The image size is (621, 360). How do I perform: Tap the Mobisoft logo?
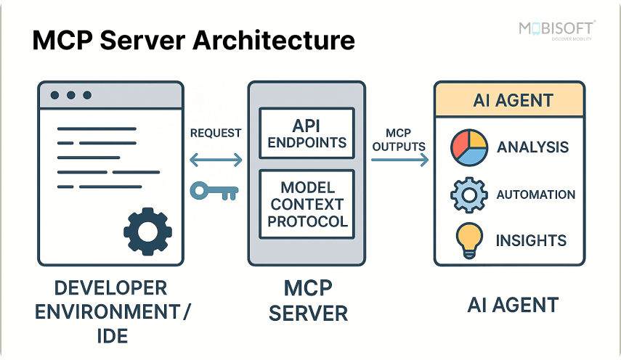point(556,30)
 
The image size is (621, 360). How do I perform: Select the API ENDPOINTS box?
point(307,132)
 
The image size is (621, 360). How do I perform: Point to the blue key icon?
point(214,191)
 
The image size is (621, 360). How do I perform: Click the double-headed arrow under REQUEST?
point(216,160)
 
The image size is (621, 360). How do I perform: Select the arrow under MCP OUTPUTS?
point(399,161)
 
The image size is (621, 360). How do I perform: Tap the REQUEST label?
point(216,134)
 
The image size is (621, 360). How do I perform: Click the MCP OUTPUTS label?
point(398,139)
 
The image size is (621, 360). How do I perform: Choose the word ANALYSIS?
point(532,148)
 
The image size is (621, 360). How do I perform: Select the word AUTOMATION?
point(535,195)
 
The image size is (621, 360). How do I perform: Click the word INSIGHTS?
point(531,240)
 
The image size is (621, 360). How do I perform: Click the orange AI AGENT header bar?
point(508,100)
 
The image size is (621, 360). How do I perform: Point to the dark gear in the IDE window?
point(147,232)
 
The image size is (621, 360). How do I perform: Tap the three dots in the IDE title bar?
point(71,95)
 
